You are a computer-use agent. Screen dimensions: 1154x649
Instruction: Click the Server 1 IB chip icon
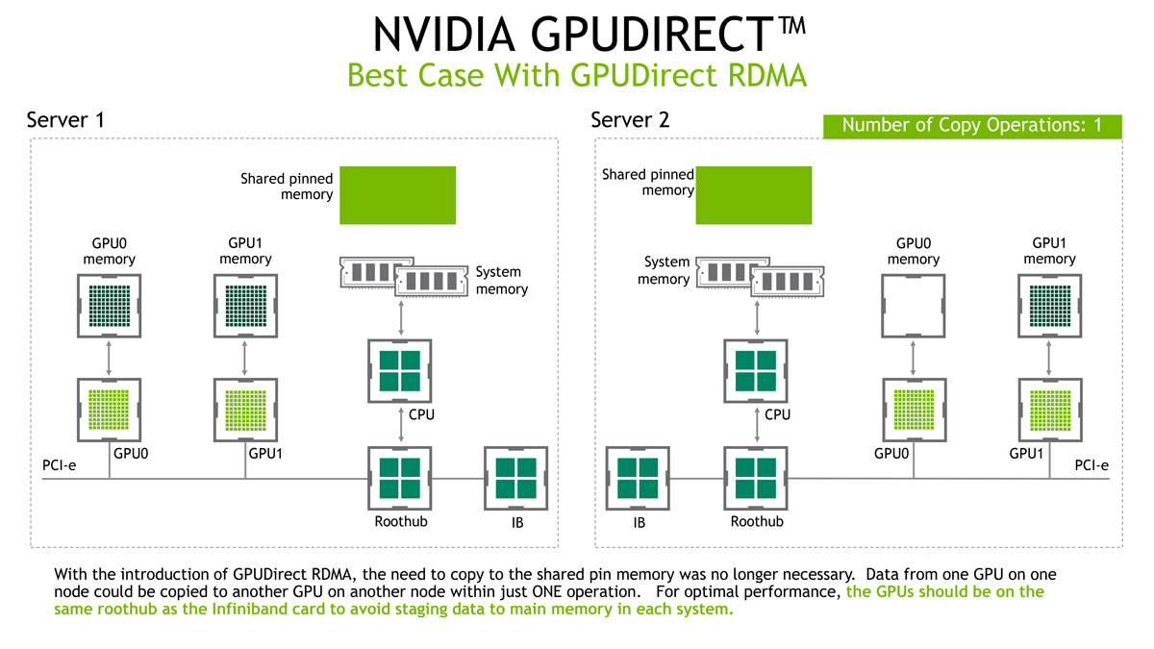(x=515, y=479)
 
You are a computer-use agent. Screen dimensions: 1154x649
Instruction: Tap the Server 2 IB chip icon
(x=638, y=479)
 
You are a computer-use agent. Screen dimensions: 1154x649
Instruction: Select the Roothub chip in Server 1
(x=400, y=479)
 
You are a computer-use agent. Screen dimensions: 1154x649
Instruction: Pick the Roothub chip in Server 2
(x=756, y=479)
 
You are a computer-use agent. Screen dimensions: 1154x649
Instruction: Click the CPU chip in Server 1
(x=400, y=371)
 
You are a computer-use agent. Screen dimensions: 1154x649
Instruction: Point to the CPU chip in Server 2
(x=756, y=371)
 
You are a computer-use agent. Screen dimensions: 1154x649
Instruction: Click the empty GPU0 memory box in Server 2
(x=914, y=306)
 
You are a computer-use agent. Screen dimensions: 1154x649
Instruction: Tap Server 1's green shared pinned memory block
(x=398, y=195)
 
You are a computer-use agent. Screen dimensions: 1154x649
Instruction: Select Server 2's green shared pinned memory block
(x=754, y=195)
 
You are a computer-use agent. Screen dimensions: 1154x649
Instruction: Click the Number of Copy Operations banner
(x=972, y=126)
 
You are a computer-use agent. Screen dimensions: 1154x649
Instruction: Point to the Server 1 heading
(x=65, y=120)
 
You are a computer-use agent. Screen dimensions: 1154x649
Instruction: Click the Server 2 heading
(x=630, y=120)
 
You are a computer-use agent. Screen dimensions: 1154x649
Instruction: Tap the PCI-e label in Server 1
(x=60, y=465)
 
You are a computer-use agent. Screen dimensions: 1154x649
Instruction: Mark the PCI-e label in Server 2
(x=1091, y=465)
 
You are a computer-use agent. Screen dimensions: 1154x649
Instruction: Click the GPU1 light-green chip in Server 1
(x=246, y=410)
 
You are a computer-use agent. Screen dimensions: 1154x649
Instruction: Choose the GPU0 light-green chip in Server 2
(x=915, y=410)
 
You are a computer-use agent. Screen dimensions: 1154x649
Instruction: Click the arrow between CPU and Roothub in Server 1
(x=401, y=425)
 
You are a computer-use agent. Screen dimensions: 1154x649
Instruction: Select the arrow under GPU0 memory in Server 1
(x=109, y=358)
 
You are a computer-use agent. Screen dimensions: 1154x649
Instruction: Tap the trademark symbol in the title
(x=791, y=25)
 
